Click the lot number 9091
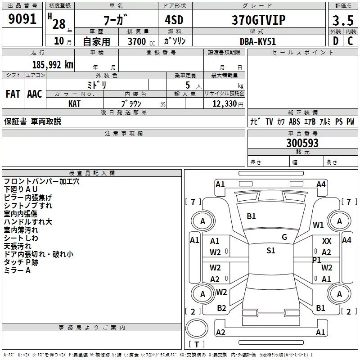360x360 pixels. pyautogui.click(x=22, y=19)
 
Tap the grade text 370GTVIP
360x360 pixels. pyautogui.click(x=258, y=20)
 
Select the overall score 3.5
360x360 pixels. pyautogui.click(x=343, y=20)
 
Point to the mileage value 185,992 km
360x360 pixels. pyautogui.click(x=53, y=65)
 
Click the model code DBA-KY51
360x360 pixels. pyautogui.click(x=257, y=41)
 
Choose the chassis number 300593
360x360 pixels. pyautogui.click(x=302, y=143)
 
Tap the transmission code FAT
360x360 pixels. pyautogui.click(x=13, y=94)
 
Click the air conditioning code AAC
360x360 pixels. pyautogui.click(x=35, y=94)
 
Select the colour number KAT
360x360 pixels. pyautogui.click(x=74, y=104)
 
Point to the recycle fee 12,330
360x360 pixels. pyautogui.click(x=224, y=104)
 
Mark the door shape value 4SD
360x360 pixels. pyautogui.click(x=174, y=20)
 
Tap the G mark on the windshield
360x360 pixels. pyautogui.click(x=284, y=237)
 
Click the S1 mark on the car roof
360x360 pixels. pyautogui.click(x=271, y=250)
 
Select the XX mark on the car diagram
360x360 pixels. pyautogui.click(x=327, y=241)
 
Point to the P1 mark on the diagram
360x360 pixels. pyautogui.click(x=316, y=260)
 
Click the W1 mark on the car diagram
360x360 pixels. pyautogui.click(x=318, y=225)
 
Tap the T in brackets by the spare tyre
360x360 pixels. pyautogui.click(x=197, y=344)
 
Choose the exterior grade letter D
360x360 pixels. pyautogui.click(x=336, y=41)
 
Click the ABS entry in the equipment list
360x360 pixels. pyautogui.click(x=294, y=121)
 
